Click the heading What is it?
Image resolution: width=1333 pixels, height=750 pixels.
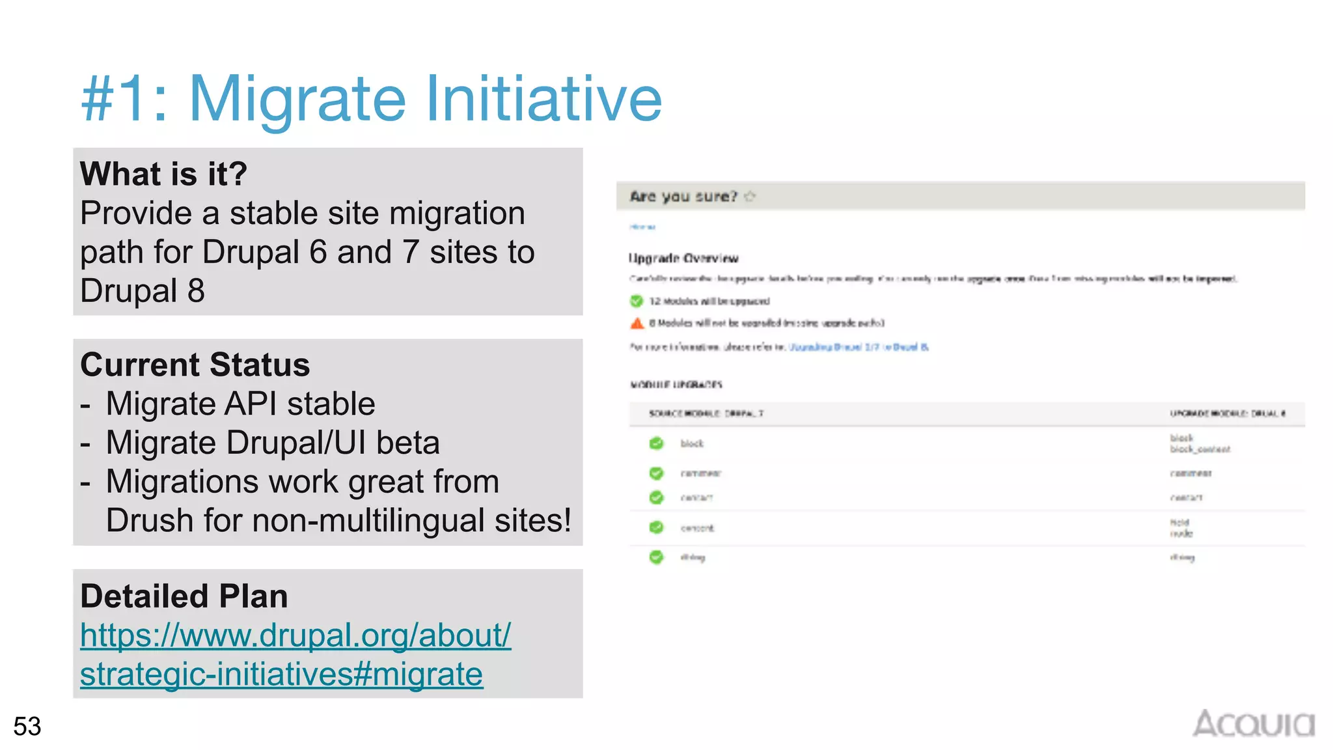click(x=163, y=174)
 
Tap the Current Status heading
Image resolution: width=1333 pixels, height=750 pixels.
click(x=195, y=365)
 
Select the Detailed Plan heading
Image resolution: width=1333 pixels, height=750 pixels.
click(x=184, y=596)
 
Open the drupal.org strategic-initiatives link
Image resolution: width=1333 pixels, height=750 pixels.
click(x=295, y=654)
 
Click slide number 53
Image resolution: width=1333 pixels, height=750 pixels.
click(x=27, y=727)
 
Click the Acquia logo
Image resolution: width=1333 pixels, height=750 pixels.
click(x=1253, y=724)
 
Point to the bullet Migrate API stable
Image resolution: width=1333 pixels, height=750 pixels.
click(x=240, y=404)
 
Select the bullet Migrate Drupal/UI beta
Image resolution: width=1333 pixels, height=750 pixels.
click(x=272, y=443)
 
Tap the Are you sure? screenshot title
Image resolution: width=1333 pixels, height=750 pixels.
click(x=683, y=196)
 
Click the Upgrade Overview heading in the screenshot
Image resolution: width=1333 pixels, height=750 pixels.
click(x=683, y=258)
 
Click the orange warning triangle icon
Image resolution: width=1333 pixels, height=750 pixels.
click(x=637, y=323)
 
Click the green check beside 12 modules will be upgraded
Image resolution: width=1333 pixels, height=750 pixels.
click(x=637, y=301)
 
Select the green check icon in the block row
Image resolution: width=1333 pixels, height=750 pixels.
click(x=656, y=443)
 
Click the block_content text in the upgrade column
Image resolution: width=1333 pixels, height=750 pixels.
click(x=1200, y=449)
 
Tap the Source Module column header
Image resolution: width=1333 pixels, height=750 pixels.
click(x=706, y=413)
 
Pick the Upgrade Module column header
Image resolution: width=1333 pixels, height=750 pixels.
click(x=1227, y=413)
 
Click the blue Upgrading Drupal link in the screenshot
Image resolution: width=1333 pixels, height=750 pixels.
click(x=858, y=347)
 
